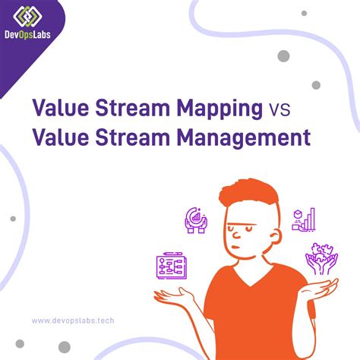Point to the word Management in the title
tap(250, 138)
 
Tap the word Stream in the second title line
tap(134, 138)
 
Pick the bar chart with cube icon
tap(304, 219)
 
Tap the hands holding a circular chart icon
tap(196, 220)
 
